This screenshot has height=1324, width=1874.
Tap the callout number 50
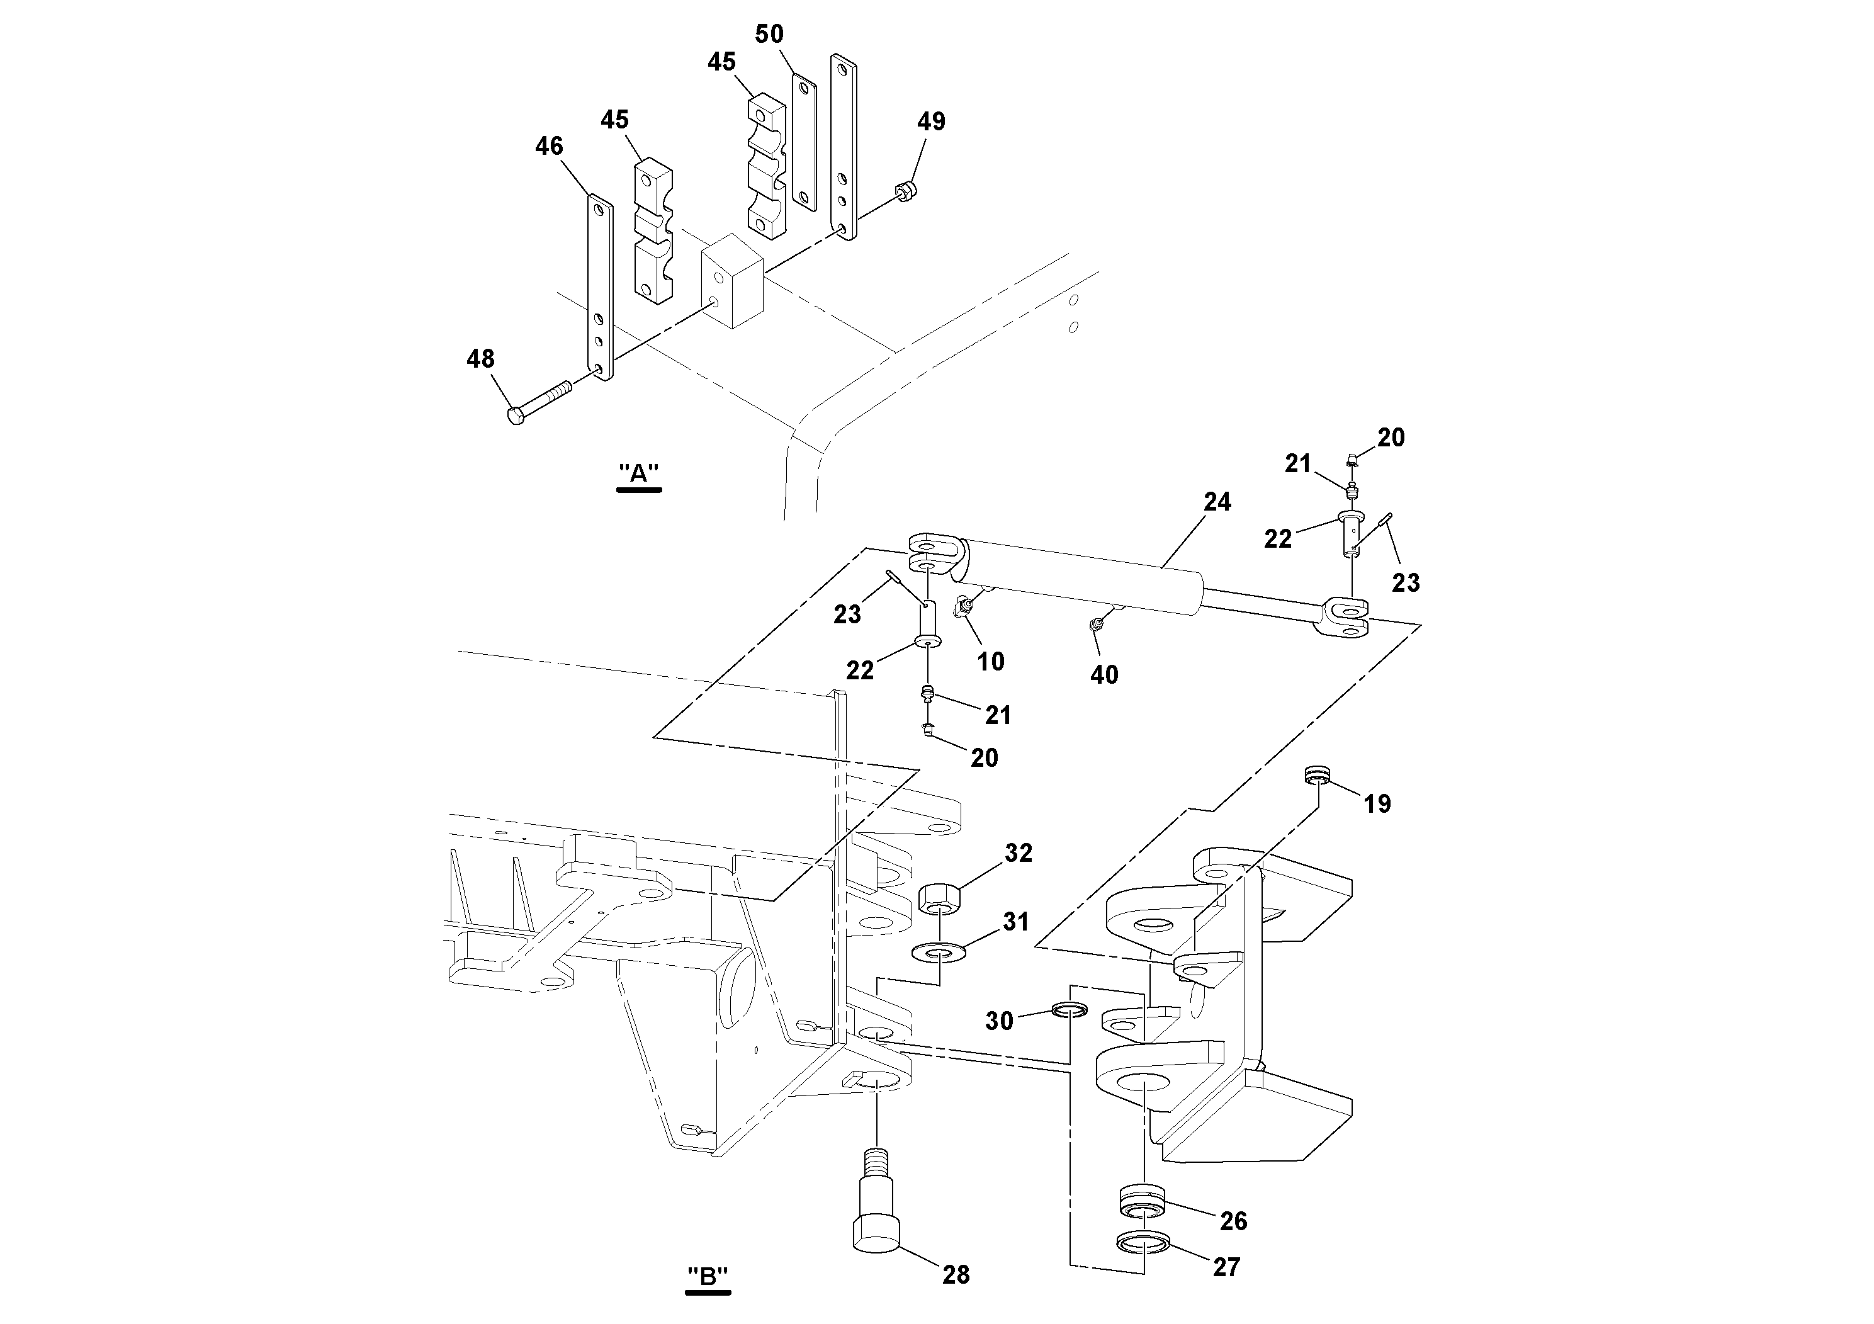coord(769,34)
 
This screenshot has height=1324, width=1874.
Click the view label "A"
coord(638,473)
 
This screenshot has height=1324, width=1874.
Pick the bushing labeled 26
coord(1143,1202)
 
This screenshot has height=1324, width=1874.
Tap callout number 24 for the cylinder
coord(1217,502)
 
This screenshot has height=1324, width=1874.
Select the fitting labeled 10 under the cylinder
coord(963,606)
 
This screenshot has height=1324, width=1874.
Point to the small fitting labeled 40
coord(1098,625)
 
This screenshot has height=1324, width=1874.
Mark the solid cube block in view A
coord(732,281)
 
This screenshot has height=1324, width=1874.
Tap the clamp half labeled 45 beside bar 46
coord(654,232)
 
